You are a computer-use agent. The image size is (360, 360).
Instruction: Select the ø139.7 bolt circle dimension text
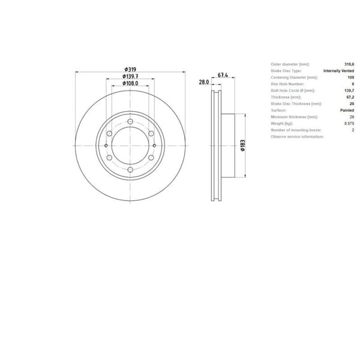click(130, 77)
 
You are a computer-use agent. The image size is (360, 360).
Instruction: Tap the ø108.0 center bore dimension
click(130, 84)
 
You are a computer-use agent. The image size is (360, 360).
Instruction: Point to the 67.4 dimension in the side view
click(222, 76)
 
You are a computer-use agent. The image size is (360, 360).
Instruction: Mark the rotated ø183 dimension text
click(242, 145)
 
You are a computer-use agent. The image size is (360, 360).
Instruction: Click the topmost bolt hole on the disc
click(130, 120)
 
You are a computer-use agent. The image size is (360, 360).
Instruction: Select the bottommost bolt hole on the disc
click(130, 171)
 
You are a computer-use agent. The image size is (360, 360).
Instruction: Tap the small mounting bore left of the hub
click(106, 146)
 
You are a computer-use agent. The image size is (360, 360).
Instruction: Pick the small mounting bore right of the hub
click(154, 146)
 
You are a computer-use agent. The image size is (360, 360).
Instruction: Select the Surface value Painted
click(347, 110)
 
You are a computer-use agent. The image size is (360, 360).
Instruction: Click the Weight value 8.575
click(349, 124)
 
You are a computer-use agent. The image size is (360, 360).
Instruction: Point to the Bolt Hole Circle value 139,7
click(349, 91)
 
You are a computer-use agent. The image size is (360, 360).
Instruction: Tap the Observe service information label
click(297, 137)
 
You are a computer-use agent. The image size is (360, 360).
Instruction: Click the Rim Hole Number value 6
click(353, 84)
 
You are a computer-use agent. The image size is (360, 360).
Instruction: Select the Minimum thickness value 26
click(352, 117)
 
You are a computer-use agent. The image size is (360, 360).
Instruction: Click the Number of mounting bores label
click(296, 130)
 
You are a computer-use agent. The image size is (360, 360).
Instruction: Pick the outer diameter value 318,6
click(349, 64)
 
